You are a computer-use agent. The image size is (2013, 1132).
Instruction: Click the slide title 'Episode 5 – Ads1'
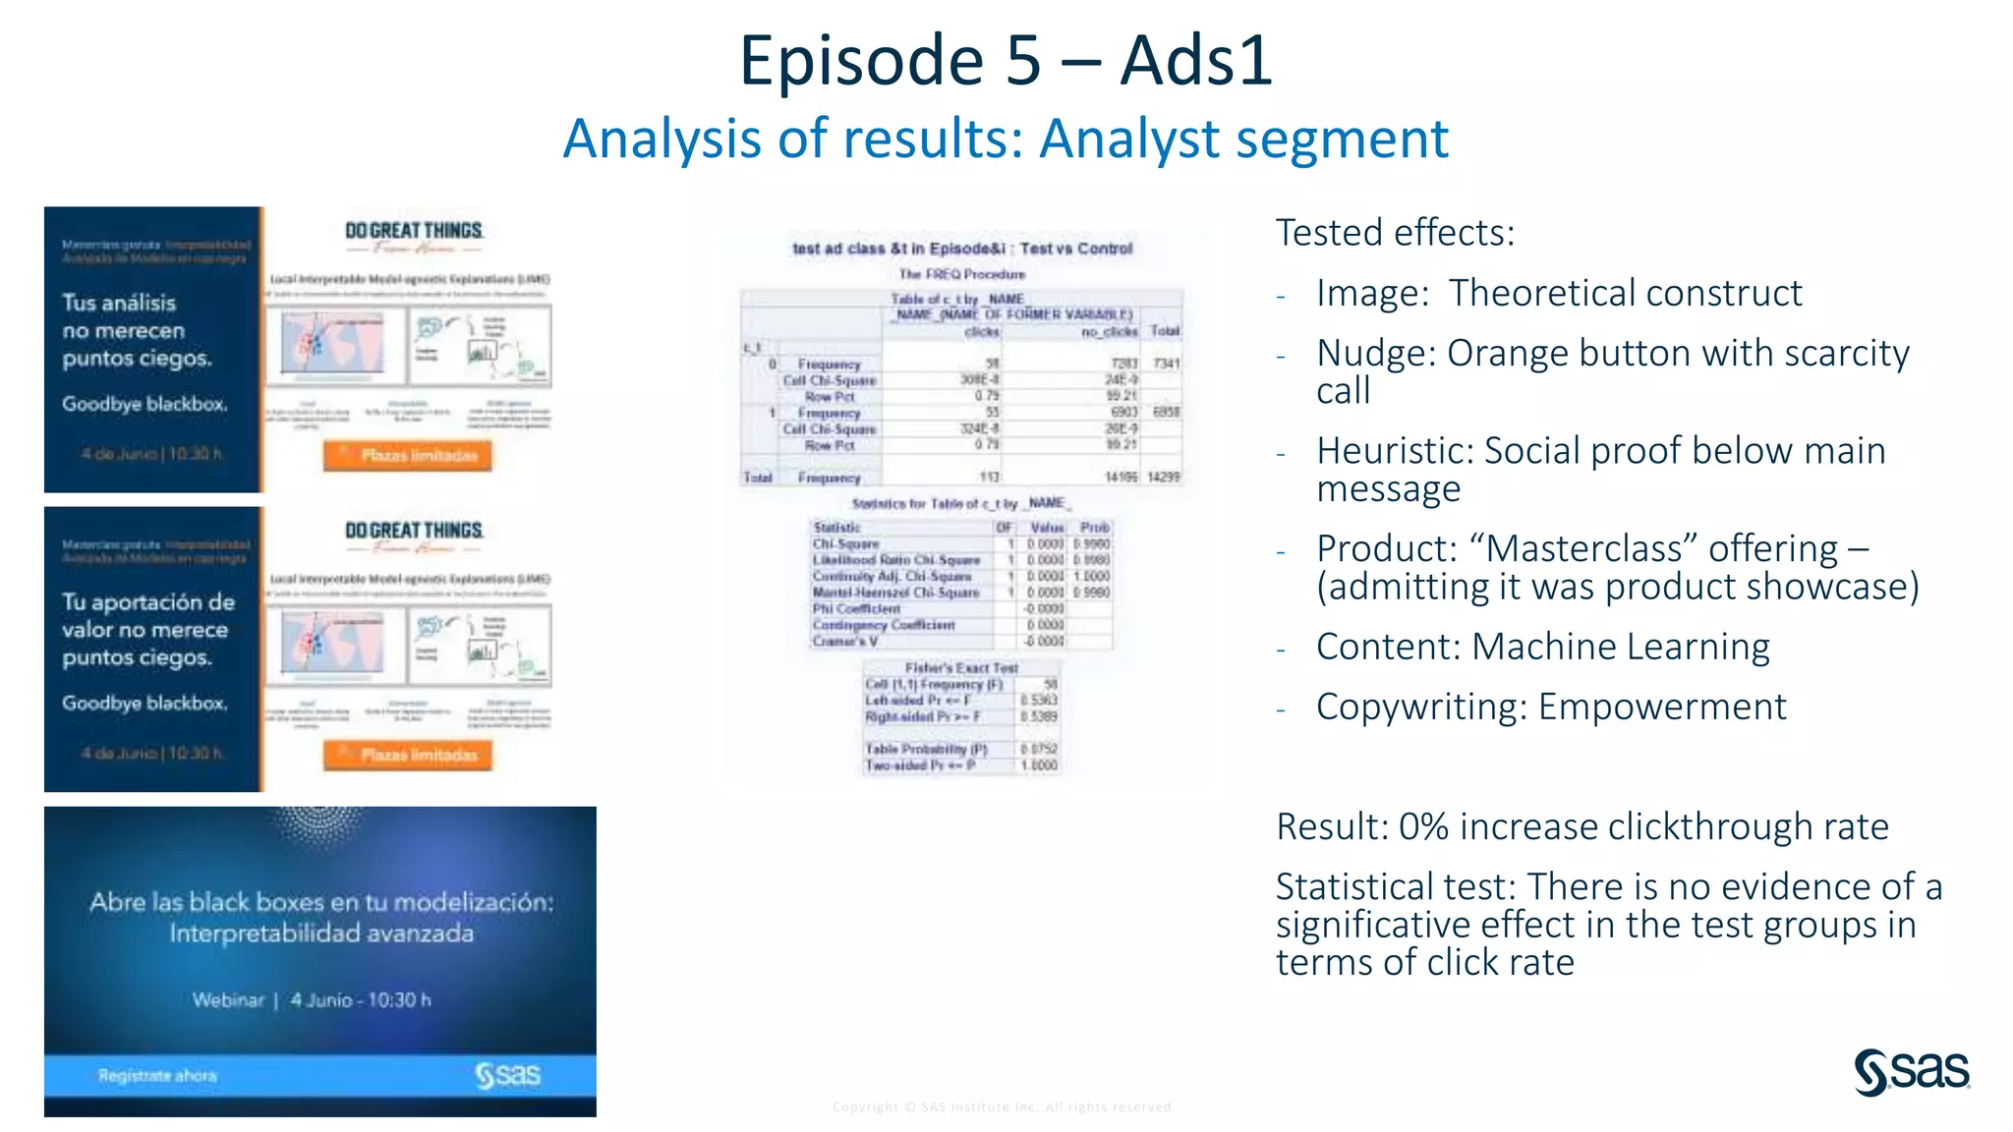(1006, 61)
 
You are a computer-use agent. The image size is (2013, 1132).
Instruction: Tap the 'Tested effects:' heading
(1395, 233)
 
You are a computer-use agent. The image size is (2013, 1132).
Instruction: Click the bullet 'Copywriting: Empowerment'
(1550, 707)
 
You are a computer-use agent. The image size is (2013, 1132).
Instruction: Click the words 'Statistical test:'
(1396, 886)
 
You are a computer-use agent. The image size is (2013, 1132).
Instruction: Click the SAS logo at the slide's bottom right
(1912, 1071)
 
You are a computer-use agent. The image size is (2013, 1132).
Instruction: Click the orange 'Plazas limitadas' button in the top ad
(408, 455)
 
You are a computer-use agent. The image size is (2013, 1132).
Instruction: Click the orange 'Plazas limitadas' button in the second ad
(408, 755)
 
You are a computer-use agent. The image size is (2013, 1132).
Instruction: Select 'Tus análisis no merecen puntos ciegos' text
(137, 330)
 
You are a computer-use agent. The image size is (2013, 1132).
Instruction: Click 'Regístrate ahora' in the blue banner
(157, 1076)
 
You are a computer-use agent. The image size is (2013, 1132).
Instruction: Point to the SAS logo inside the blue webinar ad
(507, 1075)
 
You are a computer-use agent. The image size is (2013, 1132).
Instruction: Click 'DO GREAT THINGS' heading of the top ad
(413, 231)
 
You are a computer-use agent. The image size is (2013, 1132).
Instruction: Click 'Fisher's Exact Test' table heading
(961, 668)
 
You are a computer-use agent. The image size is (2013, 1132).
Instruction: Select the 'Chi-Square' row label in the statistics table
(845, 543)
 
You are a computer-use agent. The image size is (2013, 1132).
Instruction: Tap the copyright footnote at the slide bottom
(1004, 1106)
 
